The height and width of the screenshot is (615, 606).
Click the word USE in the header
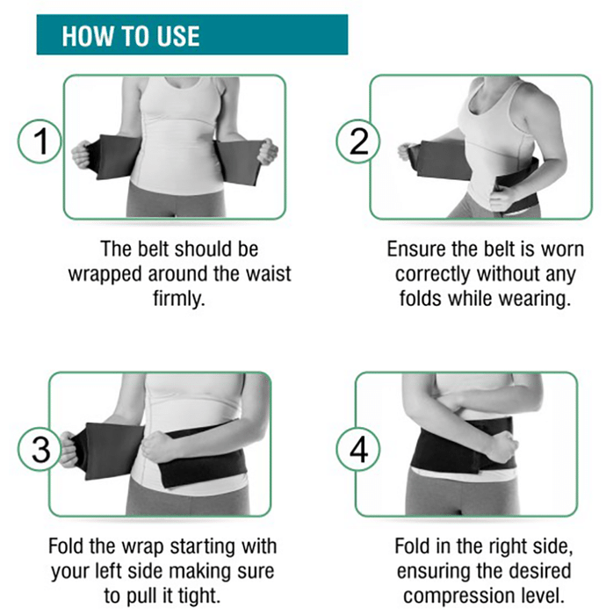[x=178, y=36]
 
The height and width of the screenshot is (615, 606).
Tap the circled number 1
[x=40, y=141]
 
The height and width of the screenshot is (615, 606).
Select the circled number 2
[x=358, y=141]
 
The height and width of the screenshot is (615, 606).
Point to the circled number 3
[x=40, y=450]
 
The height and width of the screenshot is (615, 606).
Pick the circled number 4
[x=358, y=450]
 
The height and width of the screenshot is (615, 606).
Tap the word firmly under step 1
[x=179, y=298]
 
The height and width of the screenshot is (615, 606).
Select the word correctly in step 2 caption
[x=432, y=274]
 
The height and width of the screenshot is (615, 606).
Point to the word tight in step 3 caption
[x=199, y=597]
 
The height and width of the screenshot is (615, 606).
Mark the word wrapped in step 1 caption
[x=105, y=274]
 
